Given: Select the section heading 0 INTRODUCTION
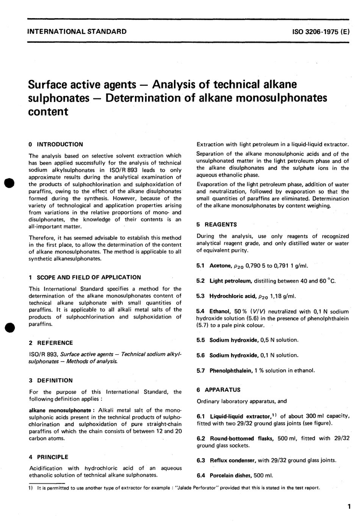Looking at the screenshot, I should (56, 144).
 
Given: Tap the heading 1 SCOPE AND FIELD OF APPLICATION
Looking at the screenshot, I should (85, 277).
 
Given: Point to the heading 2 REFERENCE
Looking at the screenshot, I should (51, 343).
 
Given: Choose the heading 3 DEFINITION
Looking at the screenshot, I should (51, 380).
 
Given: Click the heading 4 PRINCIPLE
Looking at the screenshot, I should (49, 457).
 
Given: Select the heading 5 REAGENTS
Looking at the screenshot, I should (217, 225).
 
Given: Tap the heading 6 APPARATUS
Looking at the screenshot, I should (218, 390).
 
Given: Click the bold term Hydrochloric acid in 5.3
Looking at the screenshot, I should (233, 296).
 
